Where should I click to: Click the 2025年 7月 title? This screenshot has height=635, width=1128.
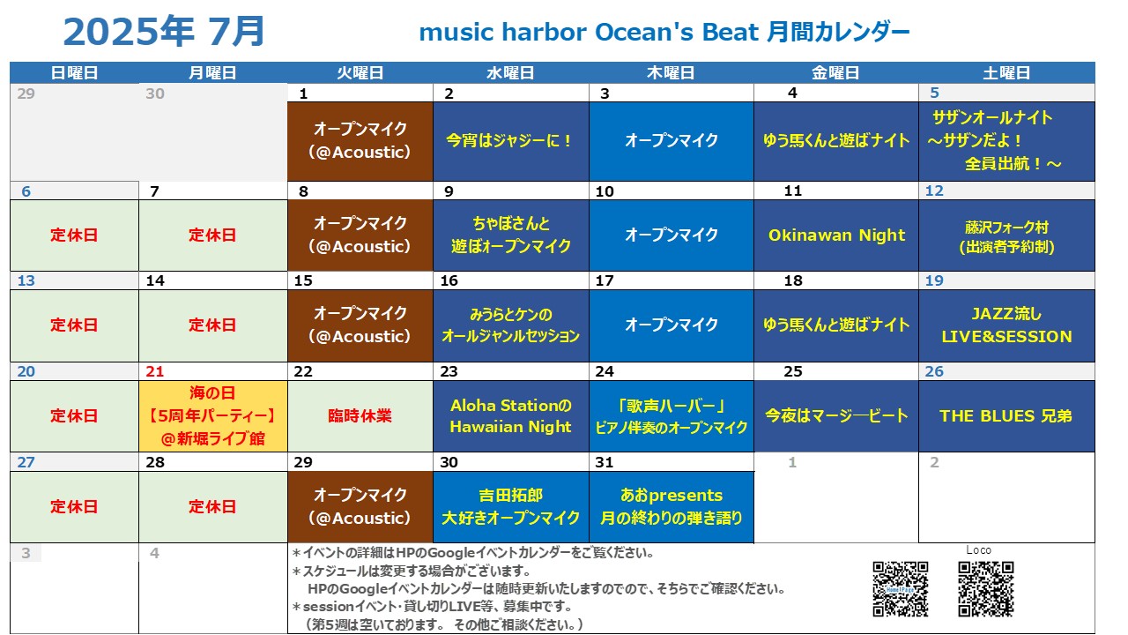coord(164,32)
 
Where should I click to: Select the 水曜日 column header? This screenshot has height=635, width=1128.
coord(510,72)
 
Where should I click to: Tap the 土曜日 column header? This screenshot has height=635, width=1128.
coord(1006,72)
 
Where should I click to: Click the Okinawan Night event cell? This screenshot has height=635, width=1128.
coord(836,235)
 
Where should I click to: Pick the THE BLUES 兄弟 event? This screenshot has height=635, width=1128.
coord(1006,415)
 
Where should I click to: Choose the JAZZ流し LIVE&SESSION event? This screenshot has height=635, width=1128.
coord(1006,325)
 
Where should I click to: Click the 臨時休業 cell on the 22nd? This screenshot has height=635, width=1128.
coord(360,415)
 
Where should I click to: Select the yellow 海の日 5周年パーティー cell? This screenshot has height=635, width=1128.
coord(213,415)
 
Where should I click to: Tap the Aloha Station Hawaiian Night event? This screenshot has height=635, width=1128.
coord(510,415)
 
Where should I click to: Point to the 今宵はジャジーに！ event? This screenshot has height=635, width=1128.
coord(510,141)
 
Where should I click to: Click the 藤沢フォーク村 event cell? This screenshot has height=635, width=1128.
coord(1006,235)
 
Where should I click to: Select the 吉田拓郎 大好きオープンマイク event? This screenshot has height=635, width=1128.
coord(510,506)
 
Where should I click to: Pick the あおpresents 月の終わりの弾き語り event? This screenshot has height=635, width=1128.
coord(672,506)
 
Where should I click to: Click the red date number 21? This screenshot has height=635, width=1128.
coord(154,371)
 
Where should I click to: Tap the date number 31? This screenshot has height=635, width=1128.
coord(605,462)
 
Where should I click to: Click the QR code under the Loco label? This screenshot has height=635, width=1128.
coord(986,589)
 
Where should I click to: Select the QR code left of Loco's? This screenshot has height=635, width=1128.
coord(901,589)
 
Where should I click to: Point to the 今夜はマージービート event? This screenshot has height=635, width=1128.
coord(836,415)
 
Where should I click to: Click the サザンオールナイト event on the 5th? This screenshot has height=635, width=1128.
coord(1006,141)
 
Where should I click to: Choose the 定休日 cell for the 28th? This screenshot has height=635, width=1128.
coord(213,506)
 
